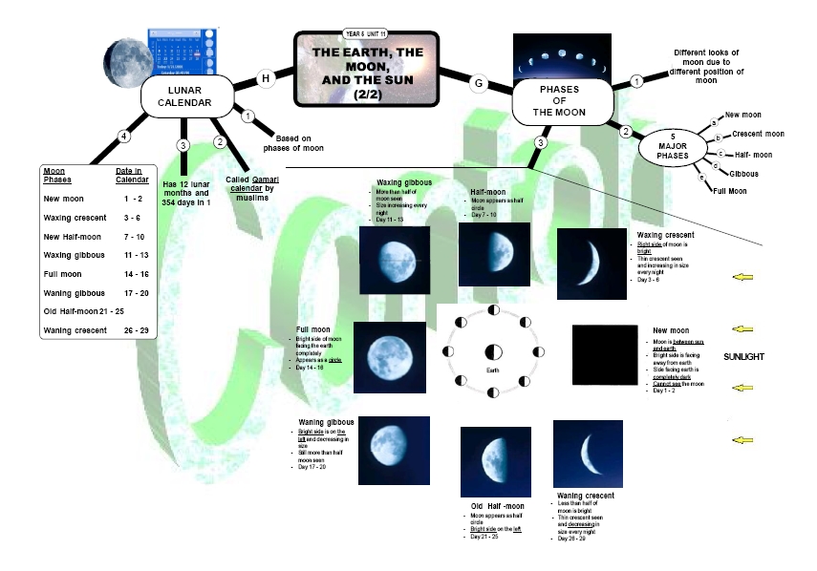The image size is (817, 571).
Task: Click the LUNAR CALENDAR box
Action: click(190, 96)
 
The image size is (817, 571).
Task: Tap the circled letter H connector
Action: click(267, 77)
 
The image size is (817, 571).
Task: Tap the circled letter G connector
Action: click(479, 83)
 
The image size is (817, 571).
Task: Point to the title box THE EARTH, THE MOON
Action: click(365, 69)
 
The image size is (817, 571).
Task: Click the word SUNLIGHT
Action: click(767, 355)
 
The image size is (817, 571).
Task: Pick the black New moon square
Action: click(605, 356)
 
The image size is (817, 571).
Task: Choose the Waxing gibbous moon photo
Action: click(394, 260)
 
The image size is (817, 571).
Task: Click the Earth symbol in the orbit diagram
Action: click(494, 352)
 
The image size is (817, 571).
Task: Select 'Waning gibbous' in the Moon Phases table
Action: click(75, 292)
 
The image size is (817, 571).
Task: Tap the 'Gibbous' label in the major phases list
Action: click(744, 175)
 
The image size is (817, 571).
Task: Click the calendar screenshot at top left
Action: click(178, 53)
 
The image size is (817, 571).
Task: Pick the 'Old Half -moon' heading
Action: click(497, 505)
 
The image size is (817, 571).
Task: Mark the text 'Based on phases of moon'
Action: click(299, 142)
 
